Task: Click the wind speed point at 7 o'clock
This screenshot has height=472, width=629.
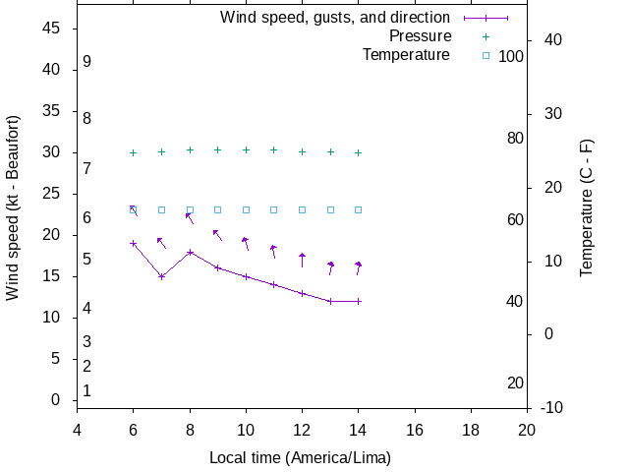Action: point(161,276)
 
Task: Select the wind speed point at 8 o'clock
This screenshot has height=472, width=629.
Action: point(190,252)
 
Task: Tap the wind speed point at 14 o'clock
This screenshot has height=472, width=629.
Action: point(359,301)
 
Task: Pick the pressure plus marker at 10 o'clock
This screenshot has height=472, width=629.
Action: point(246,150)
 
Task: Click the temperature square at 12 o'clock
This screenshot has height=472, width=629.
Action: point(302,209)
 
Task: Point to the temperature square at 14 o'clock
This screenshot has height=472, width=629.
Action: point(359,209)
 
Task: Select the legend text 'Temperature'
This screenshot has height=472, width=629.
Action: point(406,54)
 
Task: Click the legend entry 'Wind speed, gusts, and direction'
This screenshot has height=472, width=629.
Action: point(334,18)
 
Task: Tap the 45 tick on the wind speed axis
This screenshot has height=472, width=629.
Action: point(52,29)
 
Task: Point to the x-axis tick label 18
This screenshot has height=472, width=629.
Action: point(471,430)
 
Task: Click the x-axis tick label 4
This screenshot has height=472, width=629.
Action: point(77,430)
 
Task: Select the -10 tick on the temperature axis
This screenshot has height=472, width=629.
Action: point(551,408)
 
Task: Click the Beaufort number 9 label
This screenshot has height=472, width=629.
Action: point(87,61)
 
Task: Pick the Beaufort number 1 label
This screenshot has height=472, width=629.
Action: point(87,390)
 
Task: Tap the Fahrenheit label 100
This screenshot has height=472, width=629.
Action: point(511,56)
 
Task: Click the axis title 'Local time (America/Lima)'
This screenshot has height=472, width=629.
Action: point(300,458)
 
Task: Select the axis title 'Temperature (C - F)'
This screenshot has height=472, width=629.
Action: point(587,206)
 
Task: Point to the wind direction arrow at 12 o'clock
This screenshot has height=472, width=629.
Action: point(302,260)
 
